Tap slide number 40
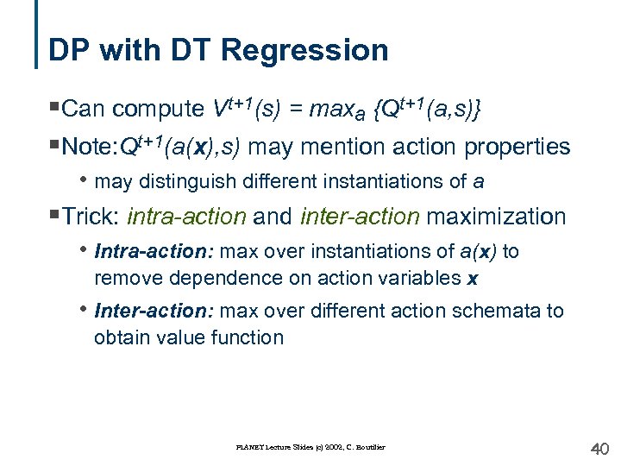tap(599, 449)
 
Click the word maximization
tap(497, 216)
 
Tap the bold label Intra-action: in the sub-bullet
tap(155, 252)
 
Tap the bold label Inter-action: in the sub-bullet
tap(155, 311)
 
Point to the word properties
tap(517, 148)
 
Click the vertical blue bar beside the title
tap(38, 35)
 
